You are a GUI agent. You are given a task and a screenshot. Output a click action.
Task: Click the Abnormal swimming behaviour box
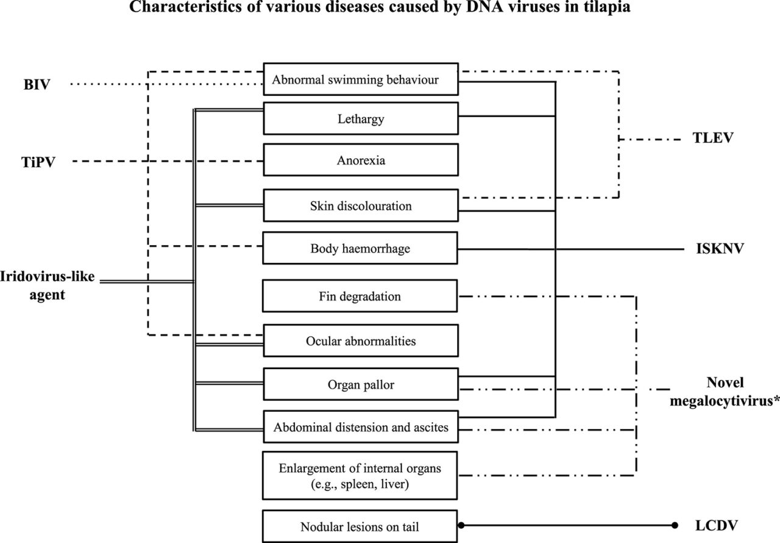pos(360,79)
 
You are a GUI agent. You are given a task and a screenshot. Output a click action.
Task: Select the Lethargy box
pos(360,118)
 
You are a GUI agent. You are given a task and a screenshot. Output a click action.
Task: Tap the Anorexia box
pos(360,161)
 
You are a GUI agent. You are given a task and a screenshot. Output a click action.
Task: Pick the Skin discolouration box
pos(360,206)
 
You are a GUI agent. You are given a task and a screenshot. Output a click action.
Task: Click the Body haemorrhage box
pos(360,248)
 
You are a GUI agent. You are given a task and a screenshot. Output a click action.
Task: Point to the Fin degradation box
pos(360,297)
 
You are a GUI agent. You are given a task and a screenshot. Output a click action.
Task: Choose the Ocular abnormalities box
pos(360,340)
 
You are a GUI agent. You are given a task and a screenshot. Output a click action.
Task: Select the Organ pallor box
pos(360,385)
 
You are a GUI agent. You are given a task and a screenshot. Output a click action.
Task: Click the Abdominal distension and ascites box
pos(360,427)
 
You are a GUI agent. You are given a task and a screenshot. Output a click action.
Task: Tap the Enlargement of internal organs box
pos(360,475)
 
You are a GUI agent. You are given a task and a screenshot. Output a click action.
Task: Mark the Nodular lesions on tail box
pos(360,527)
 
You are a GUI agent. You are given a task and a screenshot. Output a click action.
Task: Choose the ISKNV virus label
pos(719,249)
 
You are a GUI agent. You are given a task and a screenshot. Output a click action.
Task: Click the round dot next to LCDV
pos(675,525)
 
